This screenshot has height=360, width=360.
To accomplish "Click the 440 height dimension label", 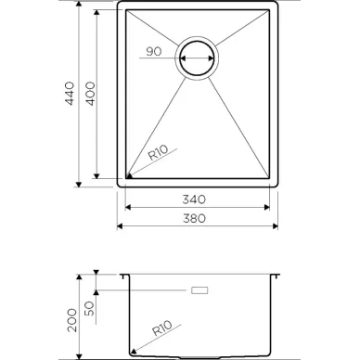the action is pos(70,94).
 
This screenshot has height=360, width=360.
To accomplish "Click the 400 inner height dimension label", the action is pos(90,94).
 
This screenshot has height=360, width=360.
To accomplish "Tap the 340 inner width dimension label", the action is pos(194,199).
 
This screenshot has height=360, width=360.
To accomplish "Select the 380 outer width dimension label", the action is pos(194,218).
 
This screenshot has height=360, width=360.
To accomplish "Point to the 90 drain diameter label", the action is pos(154,51).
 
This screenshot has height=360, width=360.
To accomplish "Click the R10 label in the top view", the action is pos(158,152).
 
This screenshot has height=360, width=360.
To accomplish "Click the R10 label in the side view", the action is pos(162,328).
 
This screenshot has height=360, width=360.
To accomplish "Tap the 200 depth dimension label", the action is pos(72,320).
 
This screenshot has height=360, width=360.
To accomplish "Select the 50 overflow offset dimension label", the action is pos(89,308).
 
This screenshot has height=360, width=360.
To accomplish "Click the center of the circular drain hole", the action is pos(197,58).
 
